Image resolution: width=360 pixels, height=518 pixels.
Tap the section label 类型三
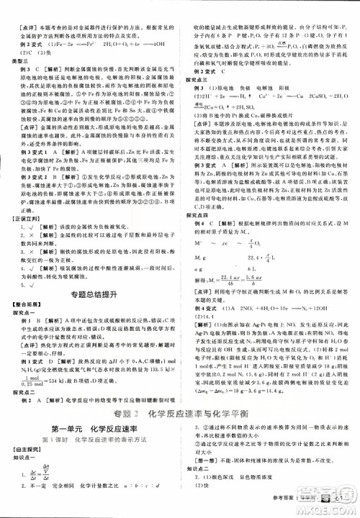coord(17,60)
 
